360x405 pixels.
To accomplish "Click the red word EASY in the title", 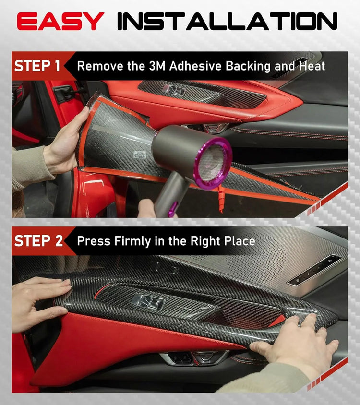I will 60,21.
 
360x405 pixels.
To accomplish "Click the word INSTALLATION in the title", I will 227,21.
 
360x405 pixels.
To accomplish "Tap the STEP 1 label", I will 38,66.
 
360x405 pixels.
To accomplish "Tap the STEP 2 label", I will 38,241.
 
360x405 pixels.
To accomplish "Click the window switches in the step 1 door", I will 173,90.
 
